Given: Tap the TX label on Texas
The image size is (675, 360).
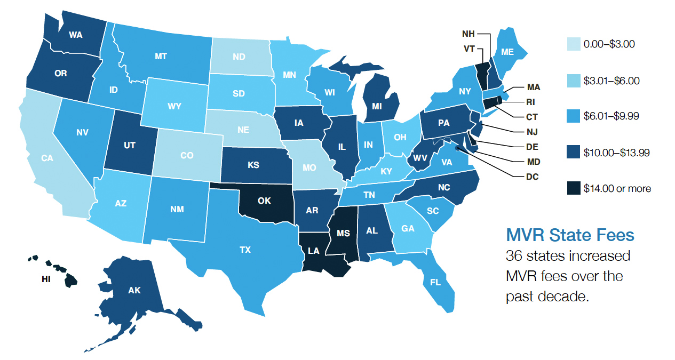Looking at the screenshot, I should point(245,249).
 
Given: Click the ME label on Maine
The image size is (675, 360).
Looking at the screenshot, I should point(507,52).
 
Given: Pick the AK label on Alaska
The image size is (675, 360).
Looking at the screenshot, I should point(134,291).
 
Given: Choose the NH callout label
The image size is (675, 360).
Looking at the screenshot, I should point(469,34).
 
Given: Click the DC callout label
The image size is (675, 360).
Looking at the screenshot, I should point(532,176).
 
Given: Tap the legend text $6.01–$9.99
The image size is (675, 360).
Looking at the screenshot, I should point(612,116).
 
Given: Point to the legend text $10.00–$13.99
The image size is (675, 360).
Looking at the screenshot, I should point(616,153).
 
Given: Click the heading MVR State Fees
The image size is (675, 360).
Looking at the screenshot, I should point(570,235).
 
